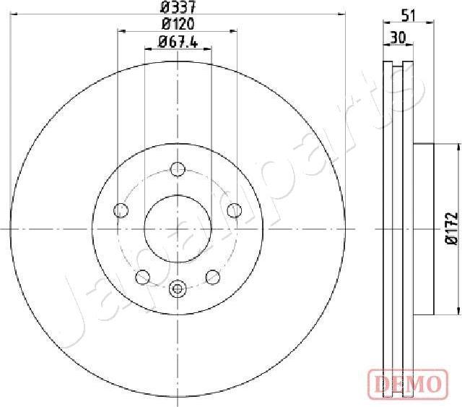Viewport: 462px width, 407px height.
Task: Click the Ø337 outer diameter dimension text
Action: (178, 8)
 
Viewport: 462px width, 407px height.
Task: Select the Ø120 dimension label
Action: (178, 25)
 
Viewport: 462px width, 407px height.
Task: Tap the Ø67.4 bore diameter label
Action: (178, 42)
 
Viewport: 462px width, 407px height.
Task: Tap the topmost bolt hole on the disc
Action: (178, 170)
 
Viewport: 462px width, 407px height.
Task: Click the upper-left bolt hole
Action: (121, 210)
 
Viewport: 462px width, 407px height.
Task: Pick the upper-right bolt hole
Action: (234, 210)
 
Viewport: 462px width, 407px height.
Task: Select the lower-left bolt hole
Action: (143, 277)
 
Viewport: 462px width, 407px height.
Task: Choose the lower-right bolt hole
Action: (213, 277)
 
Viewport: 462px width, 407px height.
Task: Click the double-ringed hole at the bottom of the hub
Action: (178, 289)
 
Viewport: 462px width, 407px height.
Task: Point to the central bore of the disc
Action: (178, 228)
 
